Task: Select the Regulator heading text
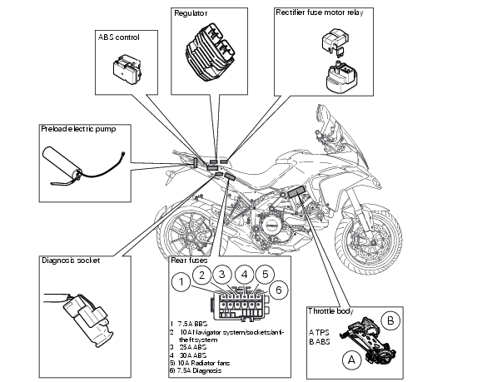click(x=191, y=13)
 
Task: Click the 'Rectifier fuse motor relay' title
click(x=320, y=12)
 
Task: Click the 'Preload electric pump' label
click(x=78, y=129)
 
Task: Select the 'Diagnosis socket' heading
click(x=71, y=260)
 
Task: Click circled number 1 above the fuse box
click(x=181, y=282)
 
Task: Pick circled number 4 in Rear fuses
click(x=244, y=275)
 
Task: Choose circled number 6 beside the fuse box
click(x=279, y=290)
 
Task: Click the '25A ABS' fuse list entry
click(x=188, y=347)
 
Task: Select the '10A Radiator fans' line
click(x=200, y=363)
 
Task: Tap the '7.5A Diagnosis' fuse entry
click(x=196, y=370)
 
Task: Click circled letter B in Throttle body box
click(x=390, y=320)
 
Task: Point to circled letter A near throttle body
click(x=351, y=360)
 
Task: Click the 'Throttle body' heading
click(x=330, y=311)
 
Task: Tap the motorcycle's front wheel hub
click(x=367, y=237)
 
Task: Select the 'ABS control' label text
click(x=119, y=37)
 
